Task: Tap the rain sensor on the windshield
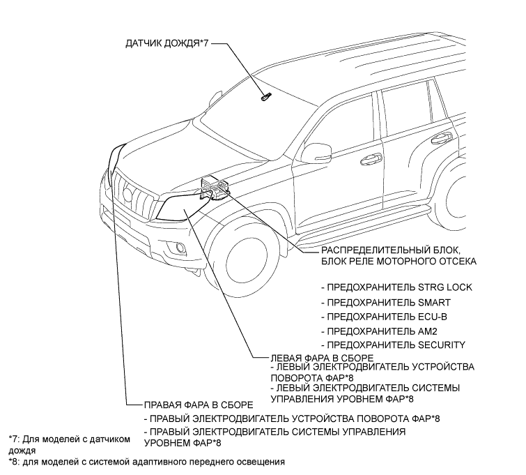264,98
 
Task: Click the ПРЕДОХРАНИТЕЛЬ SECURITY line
393,345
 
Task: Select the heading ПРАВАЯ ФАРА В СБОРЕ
197,405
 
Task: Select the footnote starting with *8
147,461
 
